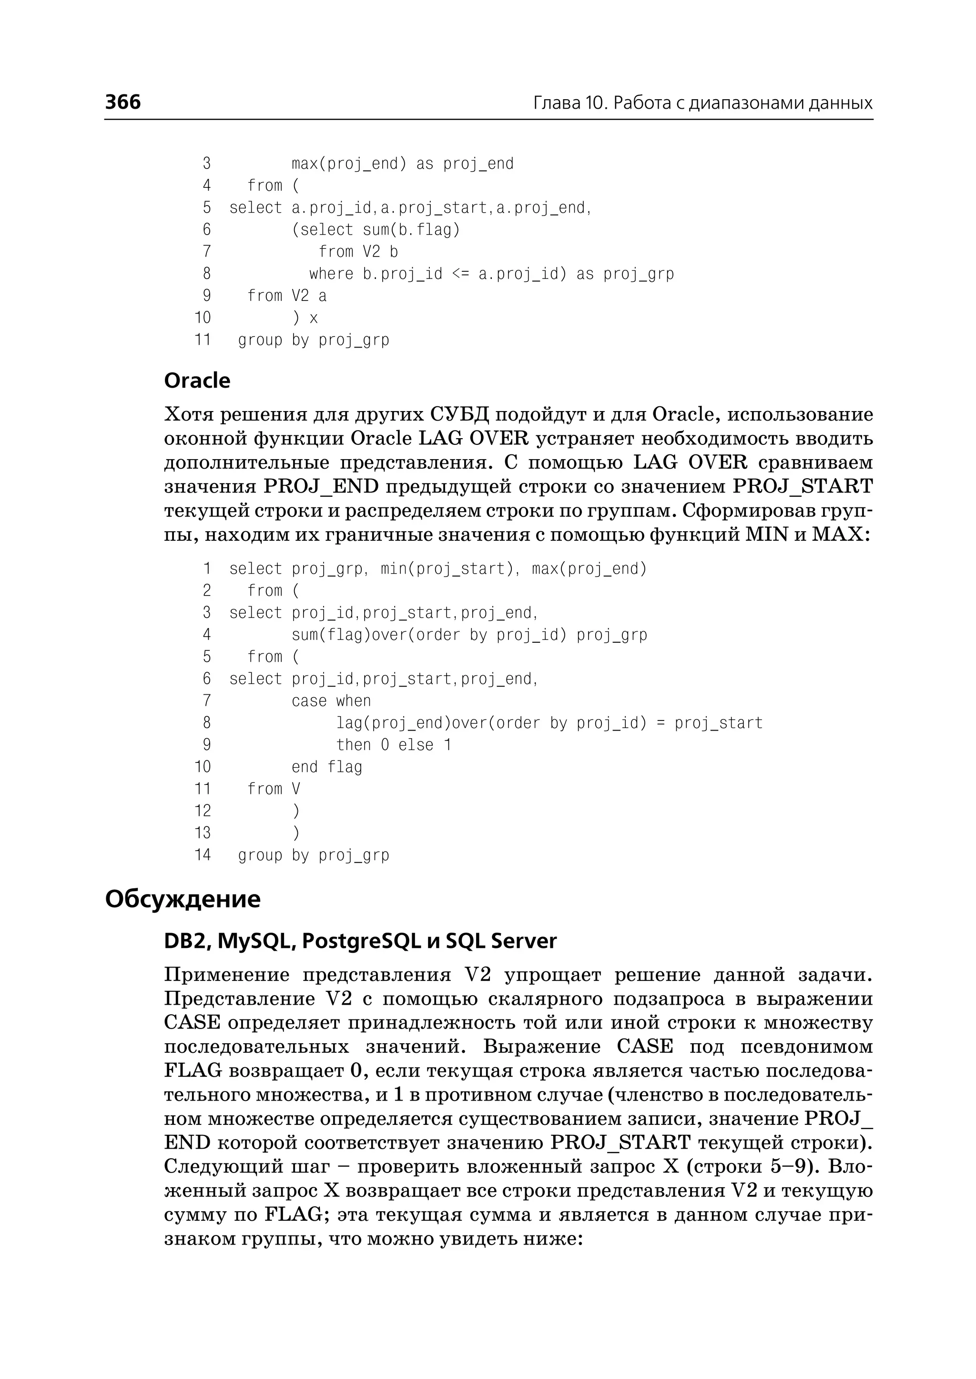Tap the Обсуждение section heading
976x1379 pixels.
[183, 899]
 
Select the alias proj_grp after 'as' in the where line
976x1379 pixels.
[638, 274]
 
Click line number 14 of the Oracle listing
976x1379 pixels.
[203, 854]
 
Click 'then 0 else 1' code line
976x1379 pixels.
[393, 745]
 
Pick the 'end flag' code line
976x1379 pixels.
[326, 767]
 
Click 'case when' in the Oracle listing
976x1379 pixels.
[331, 701]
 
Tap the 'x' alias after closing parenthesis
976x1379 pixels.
[313, 318]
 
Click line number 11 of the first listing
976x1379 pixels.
[203, 340]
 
